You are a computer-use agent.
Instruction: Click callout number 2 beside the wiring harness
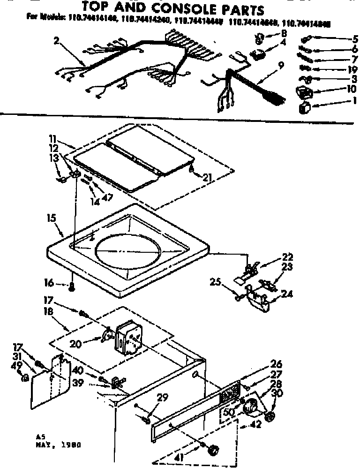click(x=57, y=42)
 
